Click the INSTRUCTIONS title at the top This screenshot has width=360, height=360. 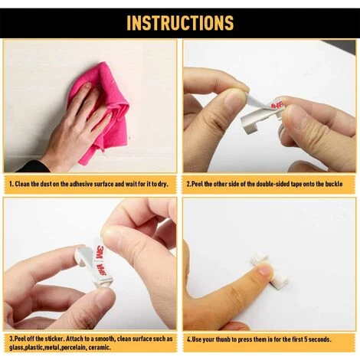[180, 23]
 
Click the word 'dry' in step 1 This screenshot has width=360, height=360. [162, 184]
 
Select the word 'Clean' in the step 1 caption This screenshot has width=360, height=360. [22, 184]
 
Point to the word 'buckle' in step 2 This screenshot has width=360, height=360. [334, 184]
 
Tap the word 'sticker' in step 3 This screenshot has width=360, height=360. [54, 339]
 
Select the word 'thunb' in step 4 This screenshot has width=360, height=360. [224, 339]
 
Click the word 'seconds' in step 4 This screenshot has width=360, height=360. [319, 339]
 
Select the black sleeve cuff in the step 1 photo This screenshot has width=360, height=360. [33, 166]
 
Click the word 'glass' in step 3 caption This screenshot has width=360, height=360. [16, 348]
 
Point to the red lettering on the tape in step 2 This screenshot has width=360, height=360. [277, 105]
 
